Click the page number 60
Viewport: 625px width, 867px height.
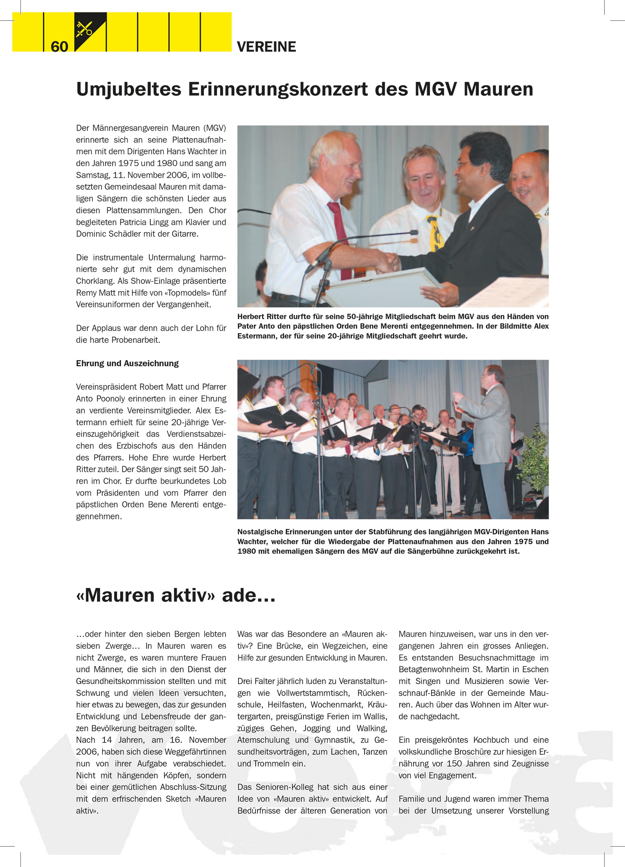coord(59,47)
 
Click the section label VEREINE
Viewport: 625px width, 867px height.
coord(266,47)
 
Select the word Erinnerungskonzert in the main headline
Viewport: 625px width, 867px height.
coord(278,90)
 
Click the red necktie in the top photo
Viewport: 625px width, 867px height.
coord(340,237)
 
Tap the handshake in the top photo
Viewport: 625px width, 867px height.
coord(388,263)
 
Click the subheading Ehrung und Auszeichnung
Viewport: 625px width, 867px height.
coord(127,363)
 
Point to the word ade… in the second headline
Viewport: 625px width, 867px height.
coord(248,595)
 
